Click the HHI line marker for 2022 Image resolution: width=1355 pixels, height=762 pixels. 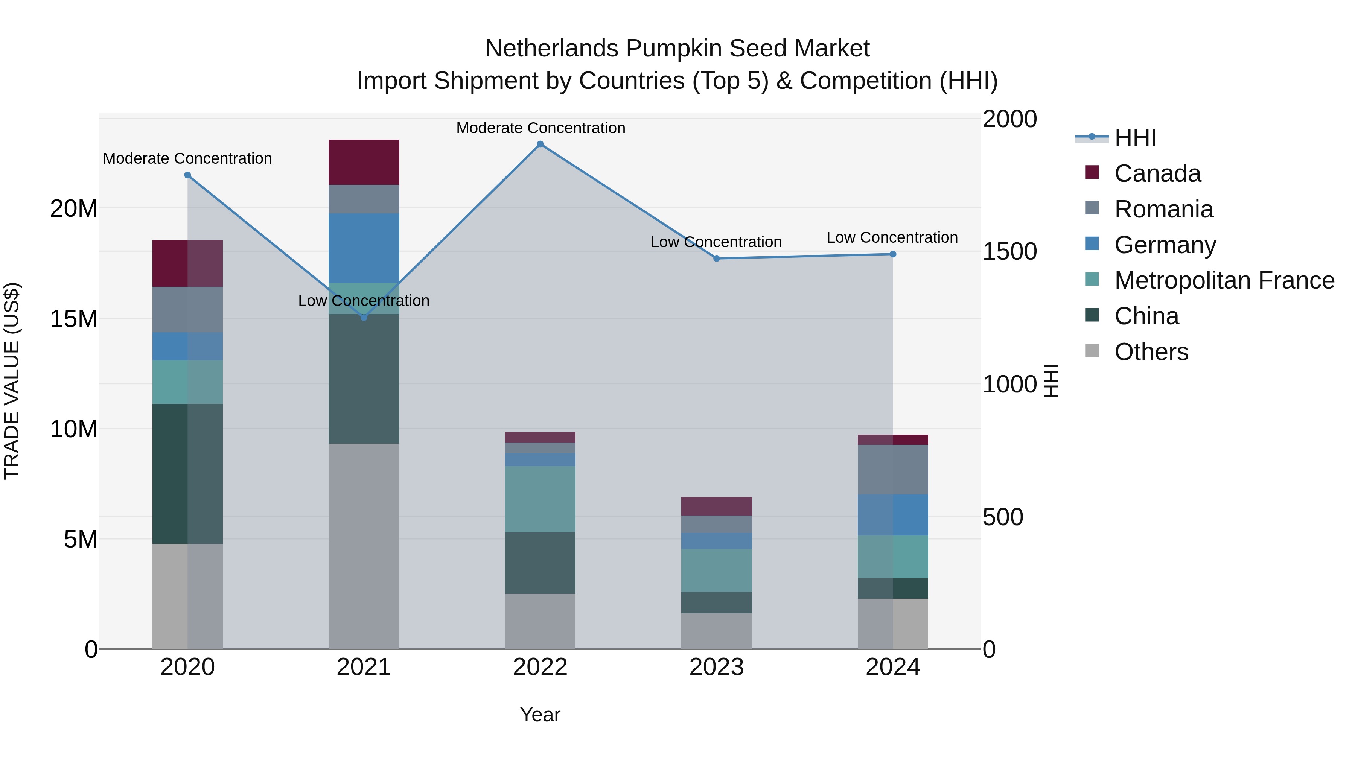pyautogui.click(x=540, y=144)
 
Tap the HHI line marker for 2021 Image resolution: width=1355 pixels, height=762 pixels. pyautogui.click(x=364, y=318)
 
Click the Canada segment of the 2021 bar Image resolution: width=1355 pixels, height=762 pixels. pyautogui.click(x=364, y=162)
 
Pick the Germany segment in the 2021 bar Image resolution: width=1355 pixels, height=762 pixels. pyautogui.click(x=364, y=248)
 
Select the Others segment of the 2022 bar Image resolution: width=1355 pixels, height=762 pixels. pyautogui.click(x=540, y=621)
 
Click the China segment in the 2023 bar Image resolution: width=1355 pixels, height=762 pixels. pyautogui.click(x=716, y=603)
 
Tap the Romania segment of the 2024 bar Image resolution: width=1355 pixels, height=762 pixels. pyautogui.click(x=893, y=470)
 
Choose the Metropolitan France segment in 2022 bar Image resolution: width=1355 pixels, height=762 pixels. pyautogui.click(x=540, y=499)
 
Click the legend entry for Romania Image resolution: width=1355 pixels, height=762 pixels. pyautogui.click(x=1163, y=209)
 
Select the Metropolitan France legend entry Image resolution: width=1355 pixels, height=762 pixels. pyautogui.click(x=1224, y=281)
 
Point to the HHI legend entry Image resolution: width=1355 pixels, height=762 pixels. pyautogui.click(x=1135, y=138)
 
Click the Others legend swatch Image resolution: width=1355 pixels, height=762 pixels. pyautogui.click(x=1092, y=351)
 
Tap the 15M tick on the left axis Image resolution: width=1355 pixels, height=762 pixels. pyautogui.click(x=74, y=319)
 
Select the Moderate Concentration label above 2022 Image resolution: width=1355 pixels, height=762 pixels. pyautogui.click(x=540, y=128)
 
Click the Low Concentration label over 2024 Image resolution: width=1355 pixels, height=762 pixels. pyautogui.click(x=892, y=238)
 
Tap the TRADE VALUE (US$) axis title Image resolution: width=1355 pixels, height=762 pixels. pyautogui.click(x=12, y=381)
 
